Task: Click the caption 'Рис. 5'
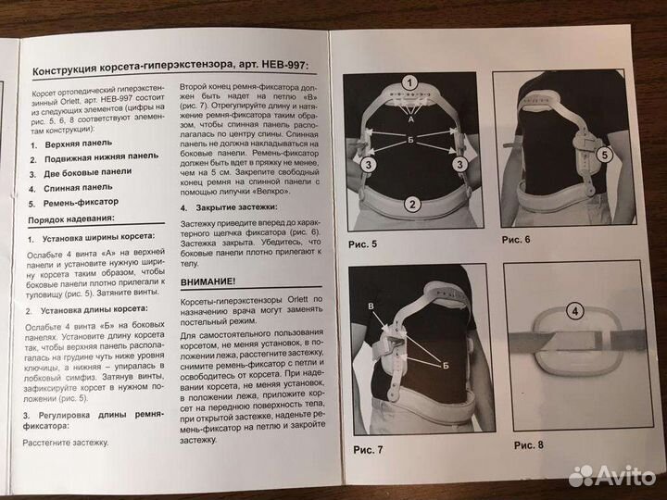[362, 244]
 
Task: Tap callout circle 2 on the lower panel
[412, 205]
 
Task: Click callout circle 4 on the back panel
[575, 311]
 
